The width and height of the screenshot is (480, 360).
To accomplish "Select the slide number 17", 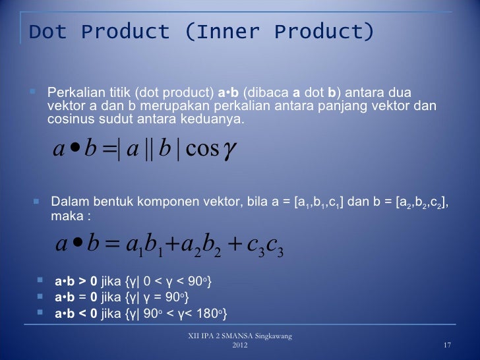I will tap(447, 347).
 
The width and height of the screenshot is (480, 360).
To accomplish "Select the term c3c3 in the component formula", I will tap(263, 247).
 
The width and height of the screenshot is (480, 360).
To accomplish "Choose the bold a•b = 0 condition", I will tap(75, 298).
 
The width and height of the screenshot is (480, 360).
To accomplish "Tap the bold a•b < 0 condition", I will tap(75, 313).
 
